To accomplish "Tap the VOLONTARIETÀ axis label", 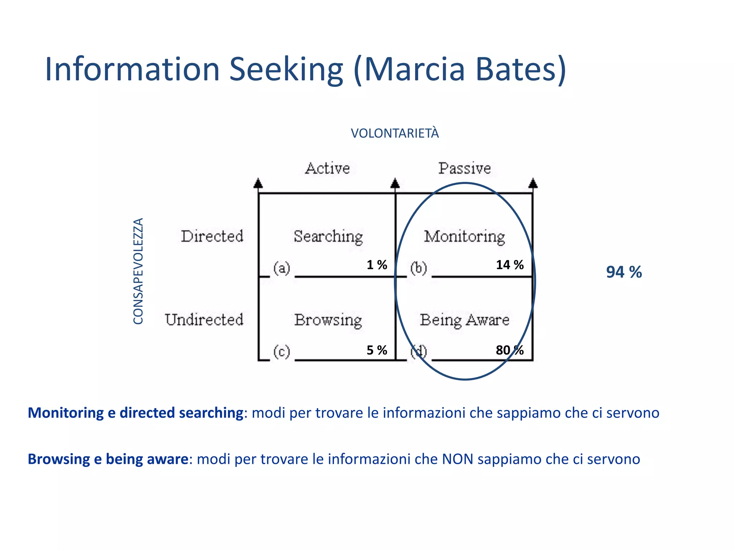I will point(395,133).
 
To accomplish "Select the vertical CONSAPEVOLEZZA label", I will point(138,271).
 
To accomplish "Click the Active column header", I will point(327,168).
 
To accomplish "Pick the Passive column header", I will point(464,168).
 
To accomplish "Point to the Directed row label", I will point(212,236).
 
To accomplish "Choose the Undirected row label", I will point(204,320).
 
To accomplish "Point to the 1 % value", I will point(377,265).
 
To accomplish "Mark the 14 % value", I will point(510,265).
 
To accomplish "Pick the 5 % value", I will point(377,350).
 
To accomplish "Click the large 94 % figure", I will point(624,272).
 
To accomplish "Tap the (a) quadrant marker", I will point(282,268).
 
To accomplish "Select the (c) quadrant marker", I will point(282,352).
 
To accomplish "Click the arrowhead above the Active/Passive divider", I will point(395,183).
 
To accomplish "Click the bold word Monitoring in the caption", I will point(66,413).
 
